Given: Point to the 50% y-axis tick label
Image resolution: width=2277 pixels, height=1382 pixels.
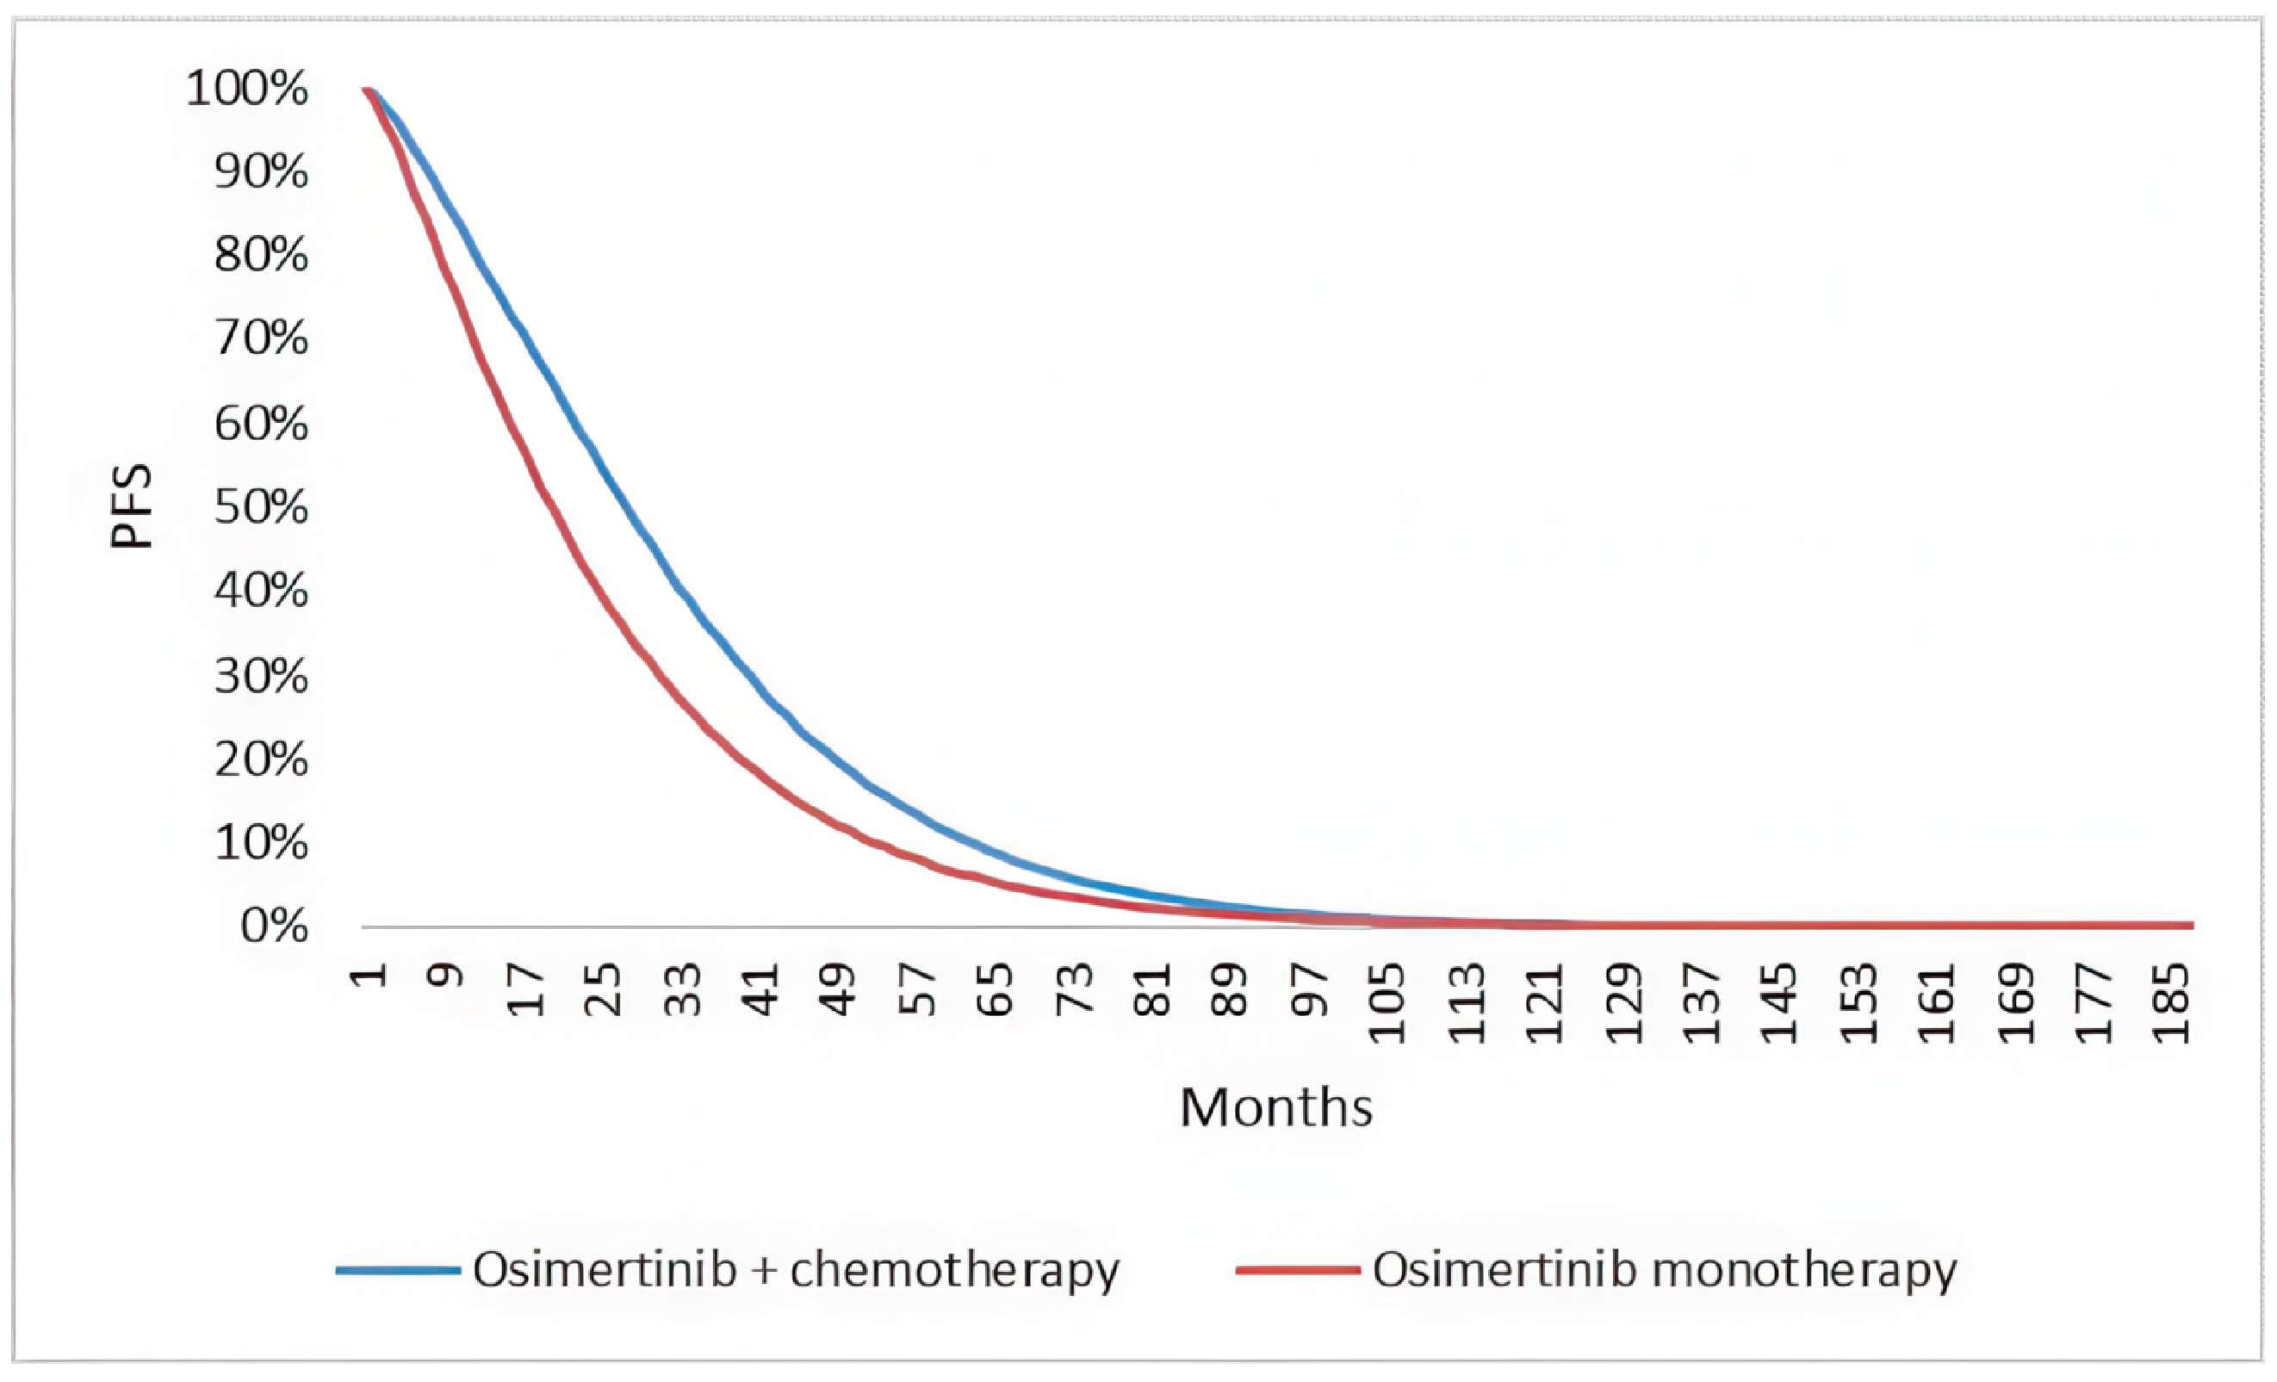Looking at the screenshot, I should [x=261, y=507].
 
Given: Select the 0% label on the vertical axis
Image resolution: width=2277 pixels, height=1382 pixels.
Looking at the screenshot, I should [x=274, y=925].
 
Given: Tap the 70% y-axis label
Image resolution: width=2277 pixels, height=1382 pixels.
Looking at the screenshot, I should [x=261, y=338].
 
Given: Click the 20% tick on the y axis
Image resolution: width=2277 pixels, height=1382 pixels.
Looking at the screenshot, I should [x=261, y=759].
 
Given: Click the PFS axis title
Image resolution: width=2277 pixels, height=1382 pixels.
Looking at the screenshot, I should [x=130, y=506].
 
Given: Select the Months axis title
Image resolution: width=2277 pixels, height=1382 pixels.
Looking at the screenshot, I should [x=1276, y=1106].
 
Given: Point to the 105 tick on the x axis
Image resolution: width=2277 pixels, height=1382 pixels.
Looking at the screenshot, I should [x=1388, y=1003].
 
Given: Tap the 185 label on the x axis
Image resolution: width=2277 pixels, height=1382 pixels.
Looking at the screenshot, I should [x=2172, y=1003].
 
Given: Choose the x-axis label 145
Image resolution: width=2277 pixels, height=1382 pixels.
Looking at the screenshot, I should [x=1780, y=1003].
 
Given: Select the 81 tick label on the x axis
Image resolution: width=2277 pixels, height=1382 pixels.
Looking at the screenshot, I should [x=1152, y=989].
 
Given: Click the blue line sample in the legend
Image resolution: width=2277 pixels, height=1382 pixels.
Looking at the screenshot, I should [x=397, y=1270].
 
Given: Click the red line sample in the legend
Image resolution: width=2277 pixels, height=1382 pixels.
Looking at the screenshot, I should [x=1298, y=1270].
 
